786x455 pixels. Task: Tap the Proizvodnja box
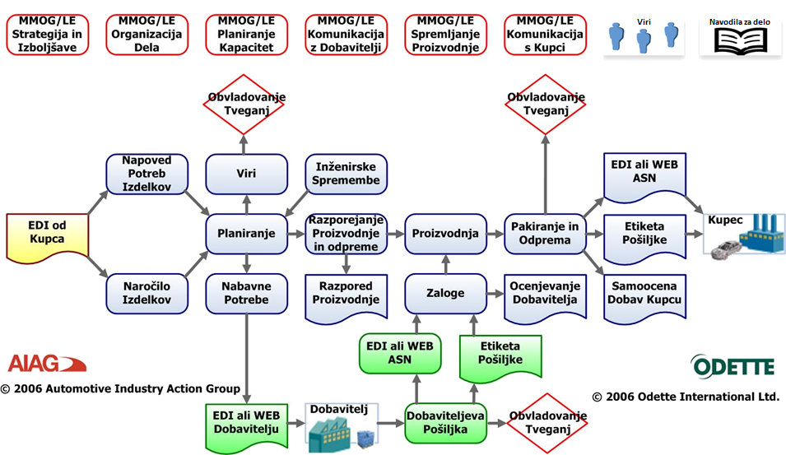tap(445, 234)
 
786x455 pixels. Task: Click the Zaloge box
tap(445, 293)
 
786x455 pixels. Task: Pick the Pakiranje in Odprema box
tap(543, 233)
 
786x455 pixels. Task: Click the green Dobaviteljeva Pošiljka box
tap(445, 423)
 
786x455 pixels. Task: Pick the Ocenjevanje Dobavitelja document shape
tap(543, 293)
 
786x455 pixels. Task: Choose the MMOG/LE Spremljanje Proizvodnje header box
tap(445, 35)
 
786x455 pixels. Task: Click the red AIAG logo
tap(45, 363)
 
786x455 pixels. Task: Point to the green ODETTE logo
tap(733, 364)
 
